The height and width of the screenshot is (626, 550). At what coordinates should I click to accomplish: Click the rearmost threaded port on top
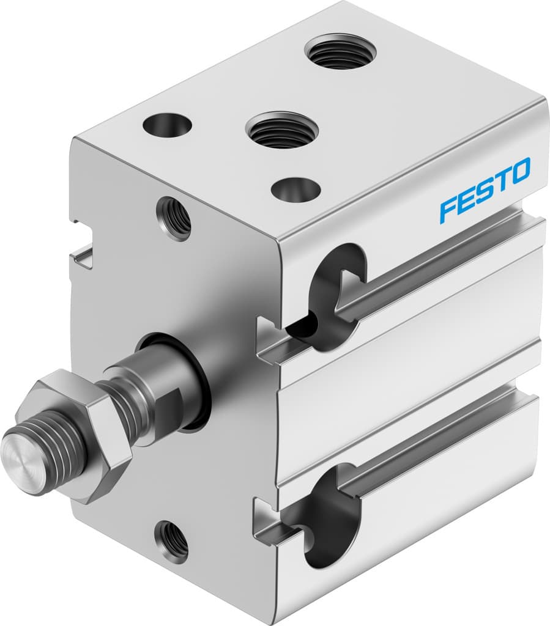340,51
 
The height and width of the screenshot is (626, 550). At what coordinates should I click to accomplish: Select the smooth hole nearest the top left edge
167,125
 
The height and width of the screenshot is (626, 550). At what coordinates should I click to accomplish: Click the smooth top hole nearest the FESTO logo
295,190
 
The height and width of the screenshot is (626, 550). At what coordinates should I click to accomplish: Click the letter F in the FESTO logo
450,208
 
